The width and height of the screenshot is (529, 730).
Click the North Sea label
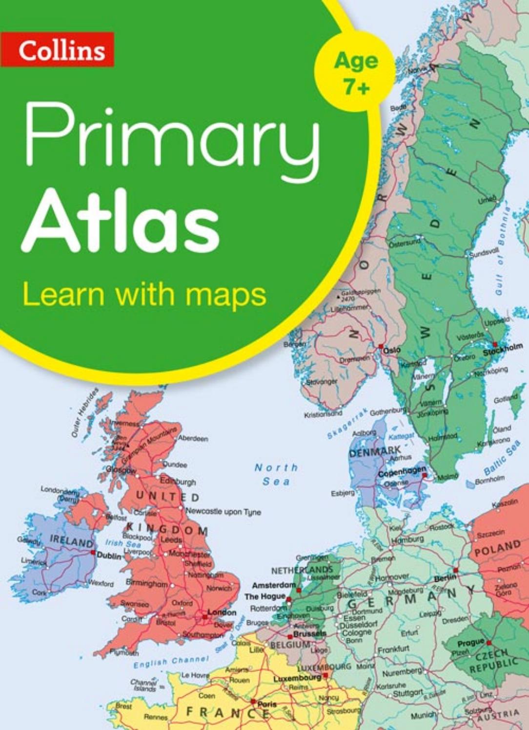[276, 474]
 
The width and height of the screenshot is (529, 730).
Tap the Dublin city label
[109, 555]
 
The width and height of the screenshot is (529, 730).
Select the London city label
[222, 612]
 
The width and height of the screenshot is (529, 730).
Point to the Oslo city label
[392, 350]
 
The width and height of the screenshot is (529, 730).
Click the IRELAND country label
[72, 542]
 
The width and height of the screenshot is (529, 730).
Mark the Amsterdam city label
[274, 585]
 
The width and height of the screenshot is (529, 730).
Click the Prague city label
[470, 643]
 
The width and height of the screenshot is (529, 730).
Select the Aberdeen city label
[193, 438]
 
